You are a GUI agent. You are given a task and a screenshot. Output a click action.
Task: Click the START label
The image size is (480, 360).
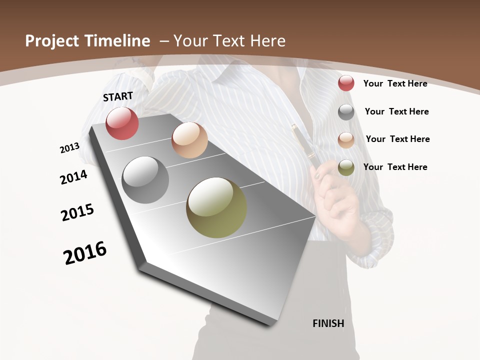118,96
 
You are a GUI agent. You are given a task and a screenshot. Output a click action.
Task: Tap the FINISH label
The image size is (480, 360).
328,323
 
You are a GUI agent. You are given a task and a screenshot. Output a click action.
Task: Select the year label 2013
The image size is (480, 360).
69,148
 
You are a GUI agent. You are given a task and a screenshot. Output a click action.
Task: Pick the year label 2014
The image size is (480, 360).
74,177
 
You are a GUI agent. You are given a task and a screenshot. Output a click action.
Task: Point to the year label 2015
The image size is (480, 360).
77,212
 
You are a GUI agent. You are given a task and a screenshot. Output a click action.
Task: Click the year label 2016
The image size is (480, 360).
85,253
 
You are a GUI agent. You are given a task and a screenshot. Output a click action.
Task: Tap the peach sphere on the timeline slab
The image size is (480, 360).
189,140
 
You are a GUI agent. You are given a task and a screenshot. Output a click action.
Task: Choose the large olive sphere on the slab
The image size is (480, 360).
216,207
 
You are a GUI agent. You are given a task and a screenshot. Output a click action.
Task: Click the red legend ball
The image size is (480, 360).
346,83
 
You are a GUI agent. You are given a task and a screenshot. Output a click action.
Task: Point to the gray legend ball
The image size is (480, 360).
346,112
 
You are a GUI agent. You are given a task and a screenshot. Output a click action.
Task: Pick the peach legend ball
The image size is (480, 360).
346,139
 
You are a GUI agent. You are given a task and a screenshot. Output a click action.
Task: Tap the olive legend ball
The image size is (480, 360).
346,167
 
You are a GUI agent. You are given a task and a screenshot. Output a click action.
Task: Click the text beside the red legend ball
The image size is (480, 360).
395,83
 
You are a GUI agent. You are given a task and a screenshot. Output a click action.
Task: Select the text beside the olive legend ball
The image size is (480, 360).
395,167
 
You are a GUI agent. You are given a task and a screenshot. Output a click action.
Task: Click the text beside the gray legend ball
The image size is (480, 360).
396,111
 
